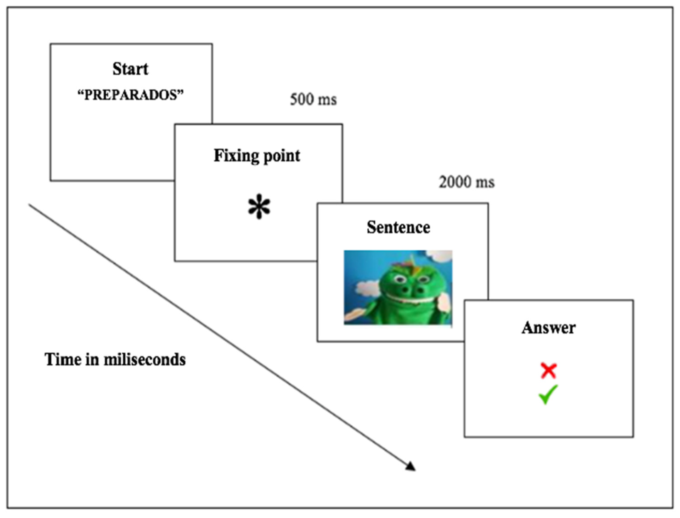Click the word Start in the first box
[x=130, y=69]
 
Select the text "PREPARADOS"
[x=130, y=95]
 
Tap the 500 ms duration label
[x=313, y=100]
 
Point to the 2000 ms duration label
[x=466, y=182]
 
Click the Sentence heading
[x=398, y=228]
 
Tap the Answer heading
[x=548, y=328]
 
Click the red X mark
[x=548, y=371]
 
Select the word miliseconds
[x=145, y=360]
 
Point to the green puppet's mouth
[x=410, y=298]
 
